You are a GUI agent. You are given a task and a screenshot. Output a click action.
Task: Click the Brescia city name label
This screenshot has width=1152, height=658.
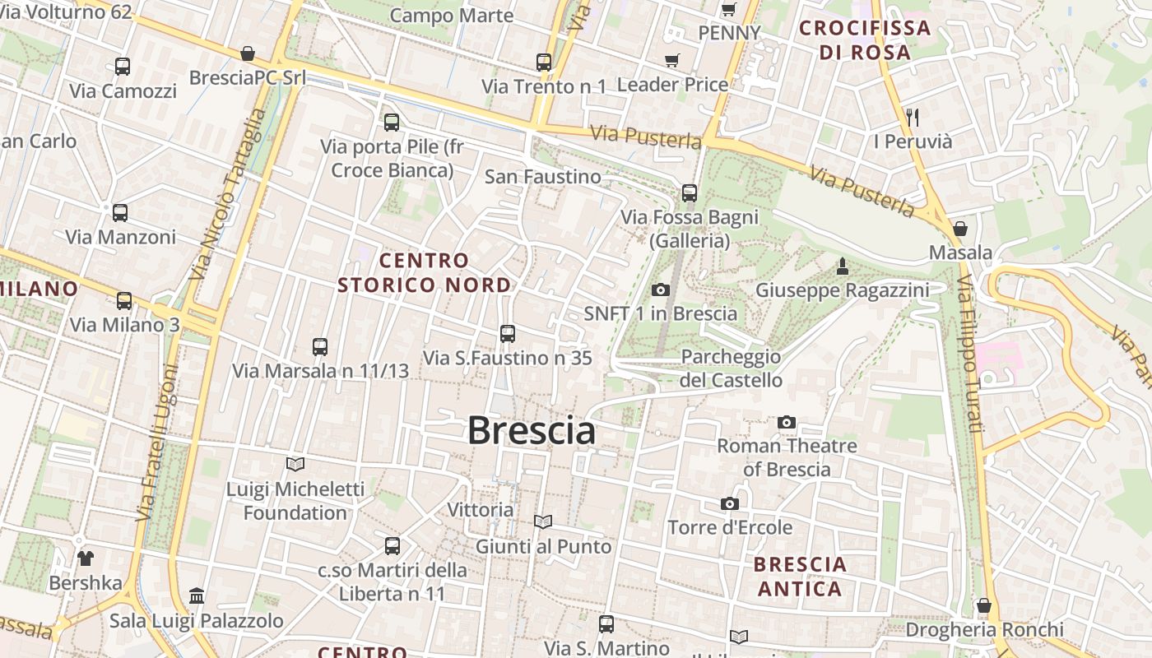tap(532, 430)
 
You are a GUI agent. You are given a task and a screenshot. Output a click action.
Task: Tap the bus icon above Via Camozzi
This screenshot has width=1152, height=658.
tap(123, 67)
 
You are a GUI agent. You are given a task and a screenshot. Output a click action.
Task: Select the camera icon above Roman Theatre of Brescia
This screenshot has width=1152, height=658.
tap(787, 422)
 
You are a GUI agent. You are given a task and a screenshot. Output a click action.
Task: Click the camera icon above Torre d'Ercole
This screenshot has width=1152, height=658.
tap(729, 503)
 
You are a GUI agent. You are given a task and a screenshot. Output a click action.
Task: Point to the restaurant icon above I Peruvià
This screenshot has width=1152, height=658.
tap(912, 117)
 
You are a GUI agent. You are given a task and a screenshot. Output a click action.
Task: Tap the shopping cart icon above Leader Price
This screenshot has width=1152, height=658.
tap(672, 60)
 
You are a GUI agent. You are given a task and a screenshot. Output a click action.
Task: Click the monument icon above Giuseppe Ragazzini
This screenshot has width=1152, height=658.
tap(842, 266)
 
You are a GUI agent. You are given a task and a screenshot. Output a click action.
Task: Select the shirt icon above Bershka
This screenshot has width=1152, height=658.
tap(86, 558)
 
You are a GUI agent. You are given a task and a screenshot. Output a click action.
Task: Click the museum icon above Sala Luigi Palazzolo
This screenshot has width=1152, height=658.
tap(197, 595)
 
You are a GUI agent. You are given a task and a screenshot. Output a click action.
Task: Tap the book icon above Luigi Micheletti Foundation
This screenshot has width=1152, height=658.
tap(295, 464)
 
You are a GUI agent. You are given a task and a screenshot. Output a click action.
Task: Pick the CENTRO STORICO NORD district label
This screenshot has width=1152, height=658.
tap(424, 273)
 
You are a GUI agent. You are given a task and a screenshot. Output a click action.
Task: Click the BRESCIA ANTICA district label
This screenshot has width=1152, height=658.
tap(800, 577)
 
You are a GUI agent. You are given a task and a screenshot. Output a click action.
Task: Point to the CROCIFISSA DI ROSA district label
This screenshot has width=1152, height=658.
tap(865, 39)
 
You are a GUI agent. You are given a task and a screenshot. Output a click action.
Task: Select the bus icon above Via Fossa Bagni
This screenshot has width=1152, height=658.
tap(690, 193)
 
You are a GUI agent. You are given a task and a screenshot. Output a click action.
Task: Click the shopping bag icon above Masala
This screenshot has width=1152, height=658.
tap(959, 228)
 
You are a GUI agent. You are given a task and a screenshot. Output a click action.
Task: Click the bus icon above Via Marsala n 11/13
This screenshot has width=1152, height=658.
tap(320, 347)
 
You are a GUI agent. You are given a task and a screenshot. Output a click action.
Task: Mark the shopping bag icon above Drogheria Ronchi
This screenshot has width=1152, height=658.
tap(984, 606)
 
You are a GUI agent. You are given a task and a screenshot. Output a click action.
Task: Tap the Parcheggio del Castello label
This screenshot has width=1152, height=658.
tap(731, 368)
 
